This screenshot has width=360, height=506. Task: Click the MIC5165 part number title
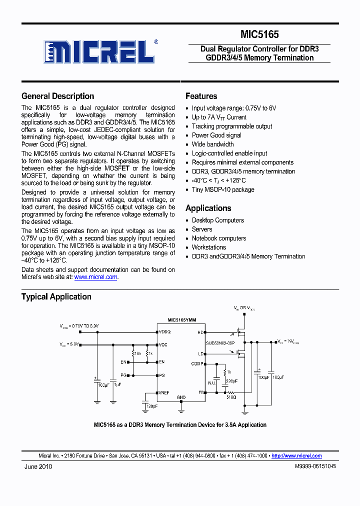[x=259, y=34]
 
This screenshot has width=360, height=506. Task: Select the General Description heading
[x=57, y=96]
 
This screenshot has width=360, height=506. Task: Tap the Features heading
[x=201, y=96]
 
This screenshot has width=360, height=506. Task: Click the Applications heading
[x=208, y=208]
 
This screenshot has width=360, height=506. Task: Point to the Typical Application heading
[x=56, y=297]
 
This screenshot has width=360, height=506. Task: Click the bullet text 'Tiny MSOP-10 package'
[x=223, y=189]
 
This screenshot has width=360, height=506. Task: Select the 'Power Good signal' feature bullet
[x=216, y=135]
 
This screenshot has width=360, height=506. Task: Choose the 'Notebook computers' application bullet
[x=219, y=238]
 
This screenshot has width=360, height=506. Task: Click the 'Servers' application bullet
[x=202, y=229]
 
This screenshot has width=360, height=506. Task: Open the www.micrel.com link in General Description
[x=96, y=277]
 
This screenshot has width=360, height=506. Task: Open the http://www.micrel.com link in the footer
[x=296, y=455]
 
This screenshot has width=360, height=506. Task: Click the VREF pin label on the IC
[x=164, y=393]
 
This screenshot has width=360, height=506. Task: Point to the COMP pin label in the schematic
[x=197, y=364]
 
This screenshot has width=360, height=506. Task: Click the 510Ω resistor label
[x=231, y=397]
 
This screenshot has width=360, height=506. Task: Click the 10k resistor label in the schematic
[x=137, y=353]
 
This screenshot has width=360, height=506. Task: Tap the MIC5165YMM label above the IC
[x=181, y=320]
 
